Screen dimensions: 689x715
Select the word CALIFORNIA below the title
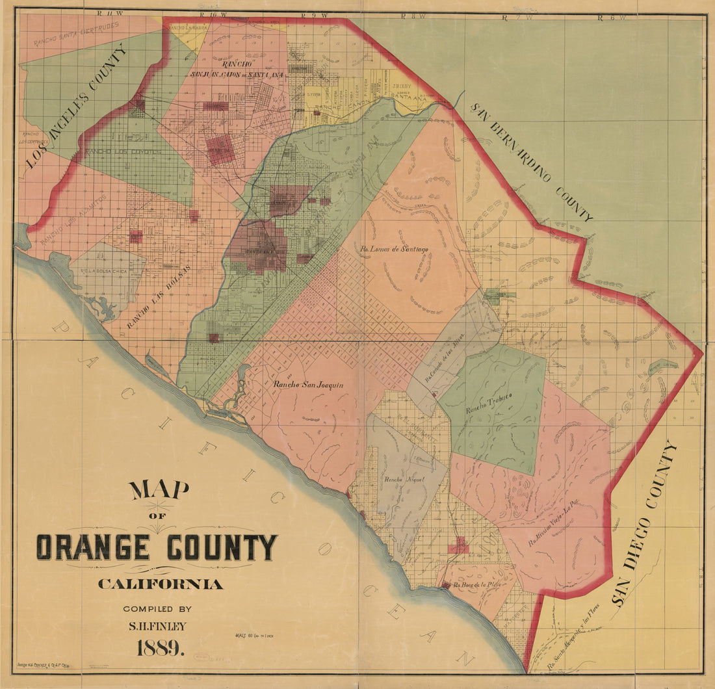tap(160, 584)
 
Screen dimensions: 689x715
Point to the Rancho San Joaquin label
tap(308, 385)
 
